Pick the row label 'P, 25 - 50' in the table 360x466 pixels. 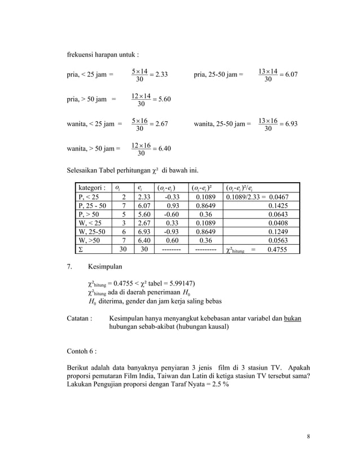point(93,206)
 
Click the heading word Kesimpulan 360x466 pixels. point(106,265)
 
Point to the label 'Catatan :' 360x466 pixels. point(80,319)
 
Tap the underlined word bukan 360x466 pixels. point(292,319)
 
